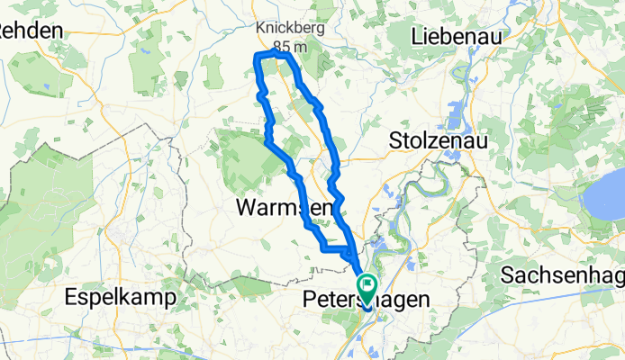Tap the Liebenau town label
click(456, 37)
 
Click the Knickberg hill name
click(290, 27)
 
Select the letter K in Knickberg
click(260, 27)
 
